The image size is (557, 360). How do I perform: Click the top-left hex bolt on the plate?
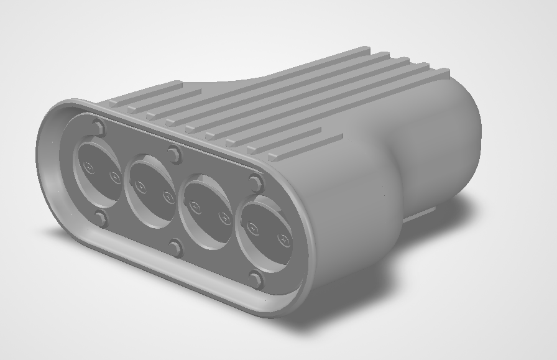pos(98,128)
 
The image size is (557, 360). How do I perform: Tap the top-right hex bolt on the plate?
pos(255,183)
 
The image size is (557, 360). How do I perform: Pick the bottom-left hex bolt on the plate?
pos(100,218)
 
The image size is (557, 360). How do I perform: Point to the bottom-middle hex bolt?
pos(175,248)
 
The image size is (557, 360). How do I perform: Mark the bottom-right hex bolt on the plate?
pos(255,280)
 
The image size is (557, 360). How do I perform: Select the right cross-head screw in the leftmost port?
pos(115,177)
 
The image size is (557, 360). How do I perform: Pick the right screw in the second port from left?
pos(168,196)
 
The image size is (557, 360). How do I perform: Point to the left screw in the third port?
pos(195,206)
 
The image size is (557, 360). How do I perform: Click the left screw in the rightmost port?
pos(252,228)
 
